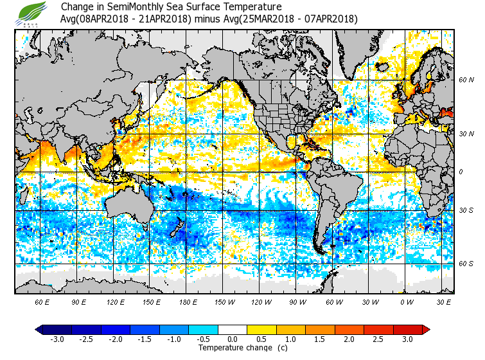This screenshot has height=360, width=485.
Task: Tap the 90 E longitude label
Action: tap(78, 301)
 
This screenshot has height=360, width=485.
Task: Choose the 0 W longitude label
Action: tap(406, 301)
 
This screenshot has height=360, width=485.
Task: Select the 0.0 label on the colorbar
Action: tap(233, 339)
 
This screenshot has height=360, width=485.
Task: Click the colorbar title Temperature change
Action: tap(233, 348)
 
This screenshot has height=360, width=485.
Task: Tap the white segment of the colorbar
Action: tap(233, 329)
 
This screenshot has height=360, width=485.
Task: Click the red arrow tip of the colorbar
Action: tap(426, 329)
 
